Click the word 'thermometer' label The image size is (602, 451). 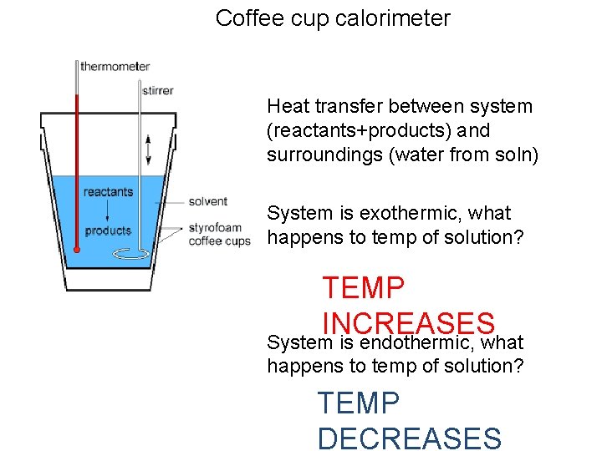(115, 66)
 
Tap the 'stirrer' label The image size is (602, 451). (157, 90)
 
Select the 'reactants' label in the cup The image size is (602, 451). (108, 192)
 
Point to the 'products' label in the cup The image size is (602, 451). (108, 231)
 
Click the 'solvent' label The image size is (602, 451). (208, 201)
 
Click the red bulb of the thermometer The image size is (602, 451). (76, 250)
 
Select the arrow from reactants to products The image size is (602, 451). (107, 210)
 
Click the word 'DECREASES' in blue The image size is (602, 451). (409, 438)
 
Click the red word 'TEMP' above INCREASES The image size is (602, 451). (363, 288)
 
